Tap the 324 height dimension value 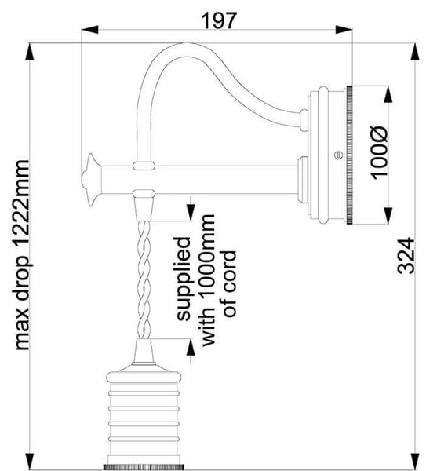pyautogui.click(x=405, y=253)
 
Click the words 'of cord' pyautogui.click(x=230, y=284)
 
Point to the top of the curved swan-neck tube pyautogui.click(x=181, y=49)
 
